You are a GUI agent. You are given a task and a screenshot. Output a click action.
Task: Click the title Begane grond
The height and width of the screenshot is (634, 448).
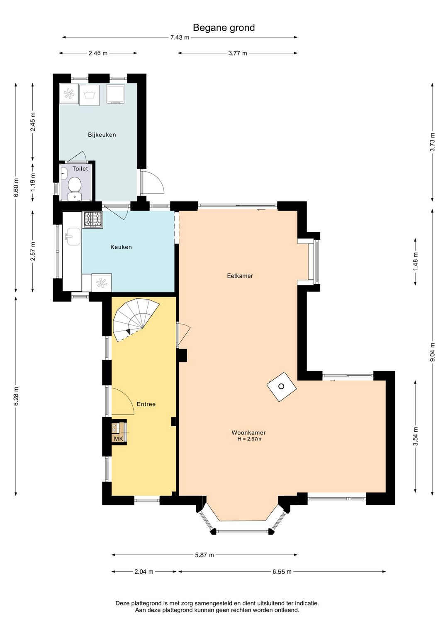click(x=224, y=28)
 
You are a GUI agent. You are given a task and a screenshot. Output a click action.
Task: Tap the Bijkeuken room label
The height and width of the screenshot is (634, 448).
click(x=102, y=135)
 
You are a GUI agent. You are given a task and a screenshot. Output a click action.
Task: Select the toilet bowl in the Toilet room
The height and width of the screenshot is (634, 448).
click(x=75, y=184)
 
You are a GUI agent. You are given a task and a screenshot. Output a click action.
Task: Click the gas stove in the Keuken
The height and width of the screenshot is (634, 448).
click(x=93, y=220)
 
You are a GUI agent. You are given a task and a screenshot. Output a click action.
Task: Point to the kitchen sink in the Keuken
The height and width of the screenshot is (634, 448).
click(x=73, y=236)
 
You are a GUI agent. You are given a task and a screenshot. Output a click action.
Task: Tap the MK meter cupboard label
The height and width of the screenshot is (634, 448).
click(x=119, y=439)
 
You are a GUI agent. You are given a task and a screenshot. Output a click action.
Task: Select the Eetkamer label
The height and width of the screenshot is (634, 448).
click(x=240, y=276)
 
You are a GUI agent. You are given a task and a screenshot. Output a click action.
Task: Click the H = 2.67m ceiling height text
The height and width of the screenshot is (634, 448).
click(x=249, y=439)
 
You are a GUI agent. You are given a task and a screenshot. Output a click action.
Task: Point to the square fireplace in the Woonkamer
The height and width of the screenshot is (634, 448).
click(x=282, y=387)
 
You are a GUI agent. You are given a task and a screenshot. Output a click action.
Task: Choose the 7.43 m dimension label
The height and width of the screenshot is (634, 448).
click(x=180, y=37)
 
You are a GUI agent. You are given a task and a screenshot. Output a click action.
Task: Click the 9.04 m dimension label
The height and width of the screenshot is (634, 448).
click(x=432, y=352)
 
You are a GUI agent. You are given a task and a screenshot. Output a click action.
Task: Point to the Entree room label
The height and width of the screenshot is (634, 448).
click(x=146, y=404)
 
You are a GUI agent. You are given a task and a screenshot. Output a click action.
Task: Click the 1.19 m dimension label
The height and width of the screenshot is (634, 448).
click(x=33, y=182)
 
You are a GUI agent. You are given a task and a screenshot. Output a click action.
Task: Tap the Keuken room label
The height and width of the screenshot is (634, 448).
click(x=121, y=247)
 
